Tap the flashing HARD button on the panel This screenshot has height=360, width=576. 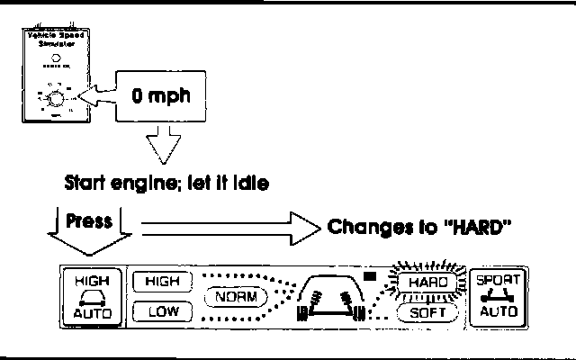coord(428,283)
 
